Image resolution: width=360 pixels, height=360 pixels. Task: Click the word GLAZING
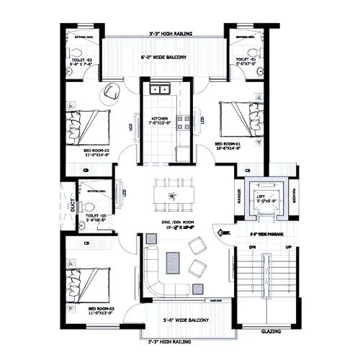click(x=270, y=332)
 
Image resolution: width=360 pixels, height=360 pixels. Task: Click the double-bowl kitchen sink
click(x=160, y=90)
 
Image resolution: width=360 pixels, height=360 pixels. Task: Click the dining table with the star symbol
click(x=171, y=195)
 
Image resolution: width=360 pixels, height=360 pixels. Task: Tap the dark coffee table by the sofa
click(x=172, y=261)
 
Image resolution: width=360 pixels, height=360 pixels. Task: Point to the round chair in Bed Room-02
click(x=112, y=91)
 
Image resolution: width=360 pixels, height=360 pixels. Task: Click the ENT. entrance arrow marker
click(x=225, y=232)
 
